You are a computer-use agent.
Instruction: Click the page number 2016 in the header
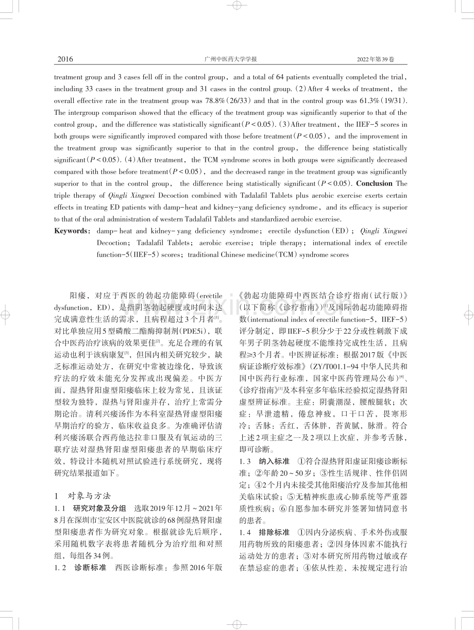65,59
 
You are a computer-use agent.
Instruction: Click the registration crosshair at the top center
237,6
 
